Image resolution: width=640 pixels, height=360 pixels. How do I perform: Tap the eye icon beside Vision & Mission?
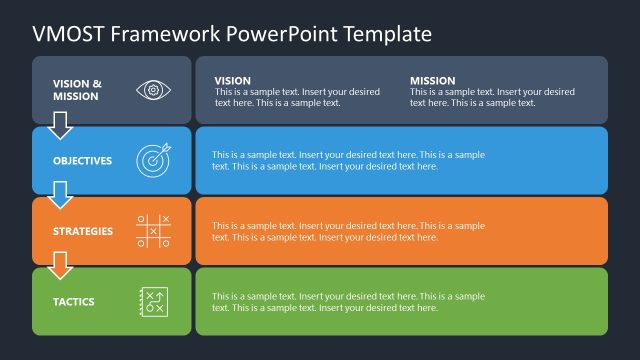coord(153,90)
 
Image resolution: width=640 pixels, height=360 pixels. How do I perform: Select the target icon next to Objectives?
coord(153,160)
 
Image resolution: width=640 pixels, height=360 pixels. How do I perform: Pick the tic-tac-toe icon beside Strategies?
coord(153,231)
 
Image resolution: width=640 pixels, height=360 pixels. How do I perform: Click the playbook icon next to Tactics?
coord(153,301)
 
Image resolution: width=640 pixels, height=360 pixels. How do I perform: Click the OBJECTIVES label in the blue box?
coord(83,161)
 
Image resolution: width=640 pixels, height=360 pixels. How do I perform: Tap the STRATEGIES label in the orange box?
coord(83,232)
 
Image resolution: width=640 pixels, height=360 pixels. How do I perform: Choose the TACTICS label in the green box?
coord(75,302)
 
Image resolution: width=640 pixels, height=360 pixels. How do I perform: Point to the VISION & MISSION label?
coord(77,90)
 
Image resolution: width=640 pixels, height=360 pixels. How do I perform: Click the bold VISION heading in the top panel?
coord(233,80)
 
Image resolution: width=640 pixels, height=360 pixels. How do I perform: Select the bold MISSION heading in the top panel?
coord(432,80)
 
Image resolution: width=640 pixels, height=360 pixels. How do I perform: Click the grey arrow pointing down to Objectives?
coord(61,125)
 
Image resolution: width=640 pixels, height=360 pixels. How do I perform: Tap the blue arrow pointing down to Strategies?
coord(61,195)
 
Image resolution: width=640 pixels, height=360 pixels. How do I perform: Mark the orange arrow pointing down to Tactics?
coord(61,265)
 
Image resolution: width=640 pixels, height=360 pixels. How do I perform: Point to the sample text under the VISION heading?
coord(297,97)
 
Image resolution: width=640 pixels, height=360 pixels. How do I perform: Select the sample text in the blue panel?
coord(348,161)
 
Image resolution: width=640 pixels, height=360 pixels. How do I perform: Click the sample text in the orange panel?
coord(348,232)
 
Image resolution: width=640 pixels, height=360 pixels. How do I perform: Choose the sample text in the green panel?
coord(348,302)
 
